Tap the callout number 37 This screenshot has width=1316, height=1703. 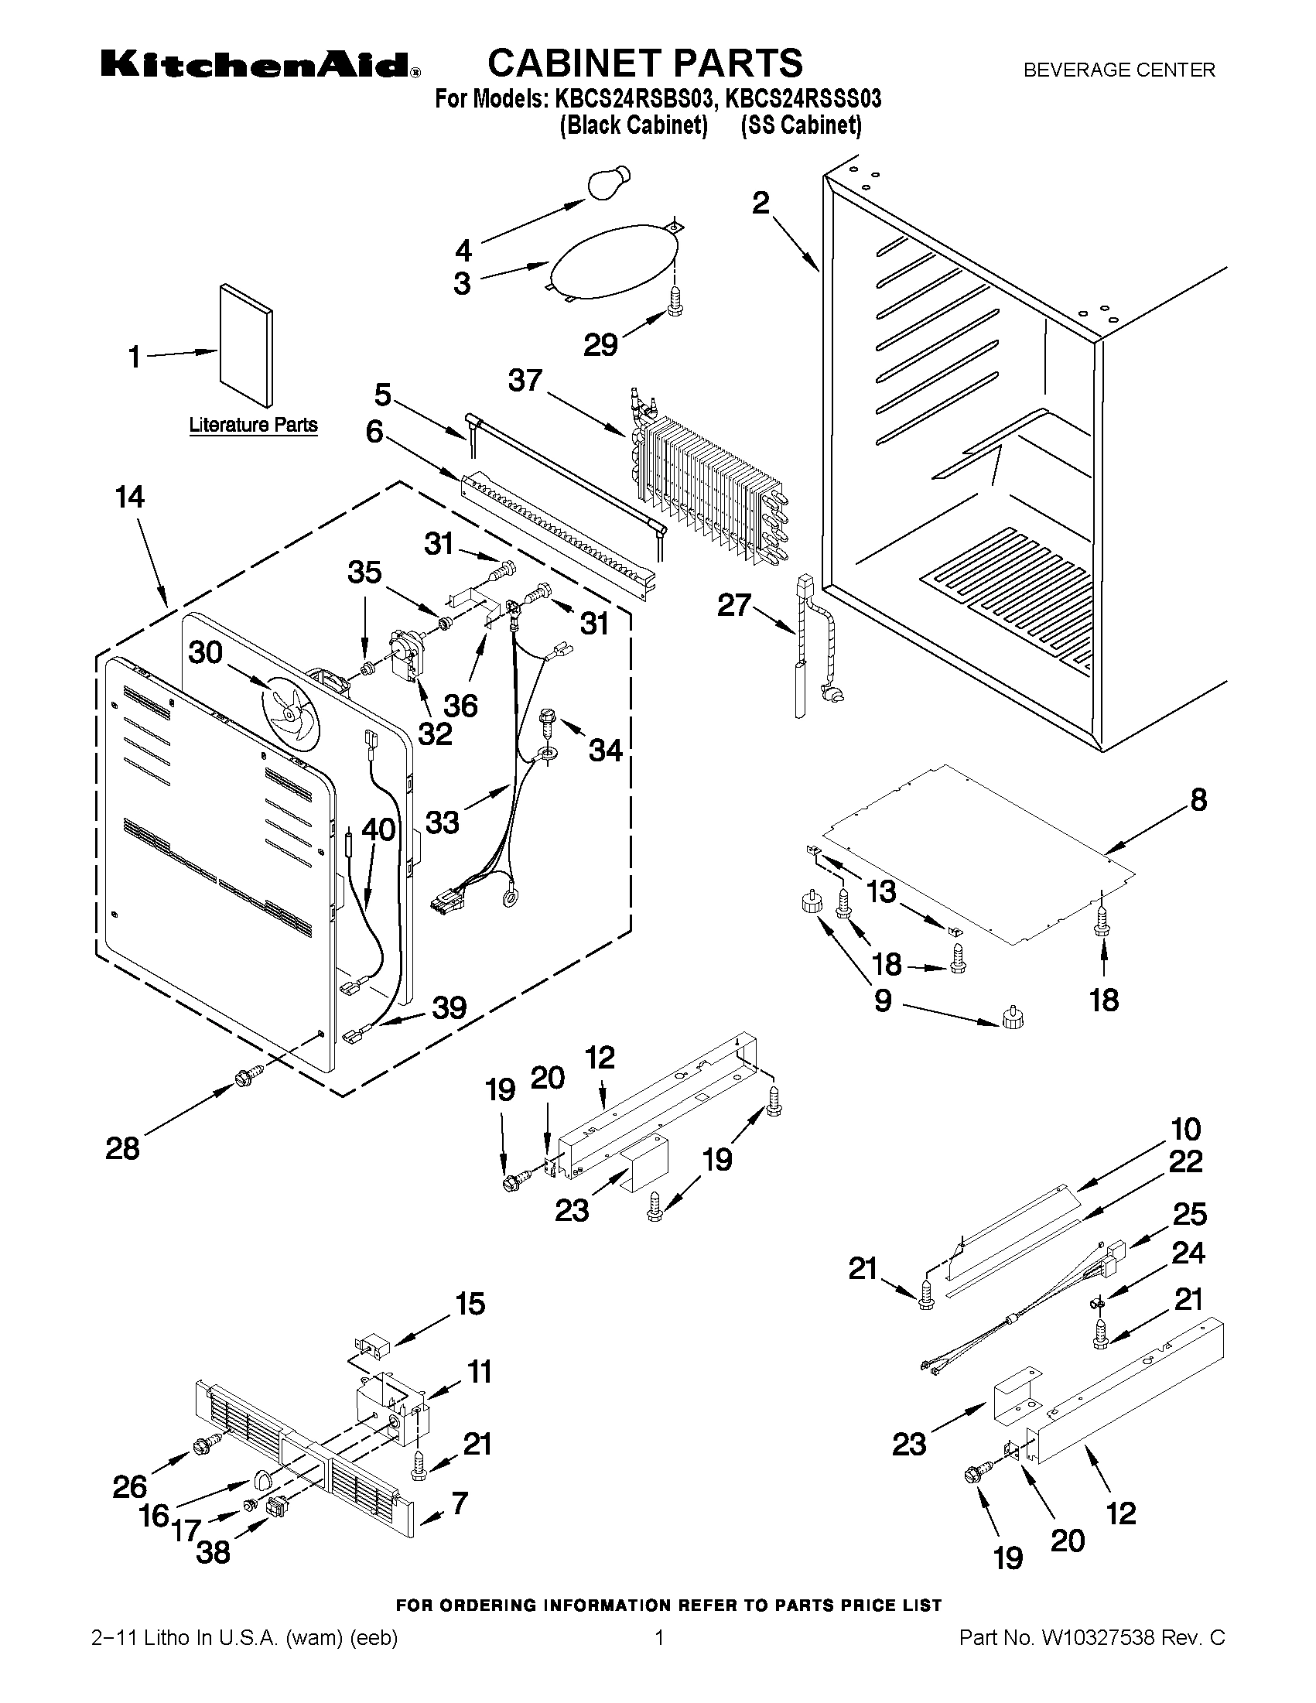click(525, 381)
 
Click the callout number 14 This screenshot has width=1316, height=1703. click(129, 497)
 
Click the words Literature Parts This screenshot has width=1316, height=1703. click(254, 425)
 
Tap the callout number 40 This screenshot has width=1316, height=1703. click(378, 829)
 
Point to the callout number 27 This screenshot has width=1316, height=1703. click(733, 605)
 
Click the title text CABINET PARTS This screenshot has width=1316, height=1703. click(644, 63)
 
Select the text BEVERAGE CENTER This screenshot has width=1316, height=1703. click(1119, 70)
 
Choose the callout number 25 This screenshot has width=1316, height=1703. click(1189, 1214)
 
